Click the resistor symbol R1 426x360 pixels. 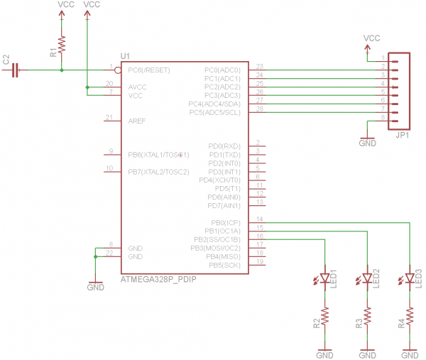[62, 45]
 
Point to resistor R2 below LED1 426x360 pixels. [324, 315]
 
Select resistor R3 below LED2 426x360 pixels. [367, 315]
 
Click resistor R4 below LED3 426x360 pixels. [410, 315]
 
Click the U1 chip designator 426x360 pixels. [125, 55]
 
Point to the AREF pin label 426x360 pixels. [138, 121]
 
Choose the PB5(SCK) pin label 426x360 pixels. [225, 265]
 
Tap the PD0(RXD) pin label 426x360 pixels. [225, 146]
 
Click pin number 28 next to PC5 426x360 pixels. [260, 109]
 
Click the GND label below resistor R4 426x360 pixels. [410, 354]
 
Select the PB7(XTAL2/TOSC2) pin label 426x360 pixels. [158, 172]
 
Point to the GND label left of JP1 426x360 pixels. [367, 143]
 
